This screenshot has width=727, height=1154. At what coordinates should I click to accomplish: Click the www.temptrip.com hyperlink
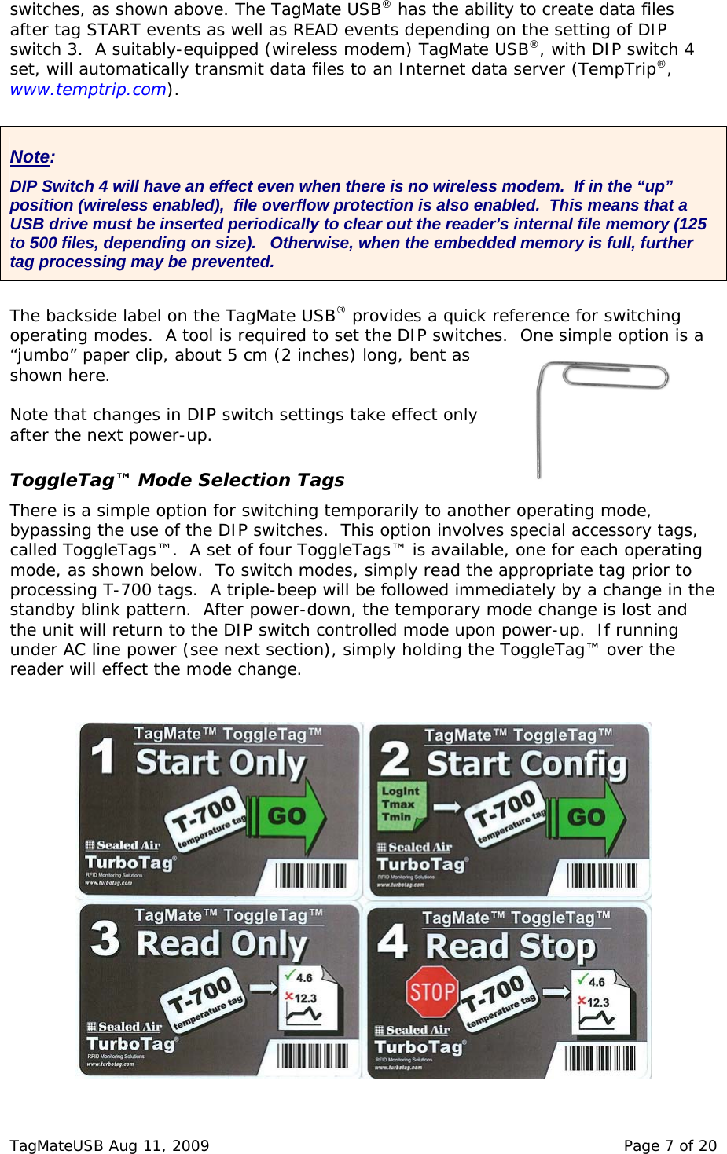(x=88, y=90)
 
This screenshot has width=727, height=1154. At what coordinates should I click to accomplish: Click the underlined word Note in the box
(x=30, y=157)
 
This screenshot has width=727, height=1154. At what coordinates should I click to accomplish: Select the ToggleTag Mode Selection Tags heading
(x=177, y=480)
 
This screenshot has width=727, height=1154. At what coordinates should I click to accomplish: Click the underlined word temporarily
(x=371, y=511)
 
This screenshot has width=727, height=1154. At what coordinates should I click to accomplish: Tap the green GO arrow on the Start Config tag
(x=589, y=818)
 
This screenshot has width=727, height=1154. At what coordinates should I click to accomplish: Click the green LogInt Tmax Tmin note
(x=401, y=804)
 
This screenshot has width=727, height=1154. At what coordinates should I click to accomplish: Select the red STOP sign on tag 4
(x=431, y=991)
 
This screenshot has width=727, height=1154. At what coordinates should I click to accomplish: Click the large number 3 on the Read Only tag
(x=106, y=939)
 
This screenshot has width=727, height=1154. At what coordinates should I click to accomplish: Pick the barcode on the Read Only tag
(x=312, y=1055)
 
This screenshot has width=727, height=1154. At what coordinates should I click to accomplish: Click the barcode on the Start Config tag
(x=602, y=874)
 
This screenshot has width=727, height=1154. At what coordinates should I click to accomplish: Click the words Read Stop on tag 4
(x=511, y=947)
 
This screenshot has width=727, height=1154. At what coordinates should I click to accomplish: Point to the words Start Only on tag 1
(x=221, y=764)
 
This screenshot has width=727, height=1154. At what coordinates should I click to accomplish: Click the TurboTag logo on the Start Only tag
(x=130, y=863)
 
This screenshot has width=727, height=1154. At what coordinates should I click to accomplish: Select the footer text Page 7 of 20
(x=670, y=1145)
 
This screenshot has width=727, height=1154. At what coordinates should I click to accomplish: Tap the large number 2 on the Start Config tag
(x=395, y=759)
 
